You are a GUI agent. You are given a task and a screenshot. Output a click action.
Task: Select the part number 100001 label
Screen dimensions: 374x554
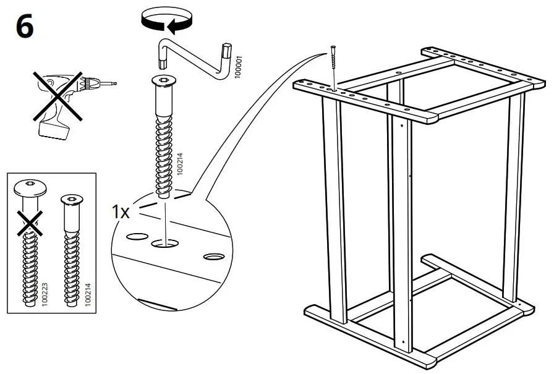tap(239, 66)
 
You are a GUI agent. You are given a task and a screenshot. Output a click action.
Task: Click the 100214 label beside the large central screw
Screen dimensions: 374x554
tap(181, 166)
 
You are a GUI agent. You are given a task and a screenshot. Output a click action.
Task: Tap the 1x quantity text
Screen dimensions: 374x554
tap(121, 212)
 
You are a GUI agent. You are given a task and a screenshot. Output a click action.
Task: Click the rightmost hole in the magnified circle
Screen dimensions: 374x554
tap(214, 256)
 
